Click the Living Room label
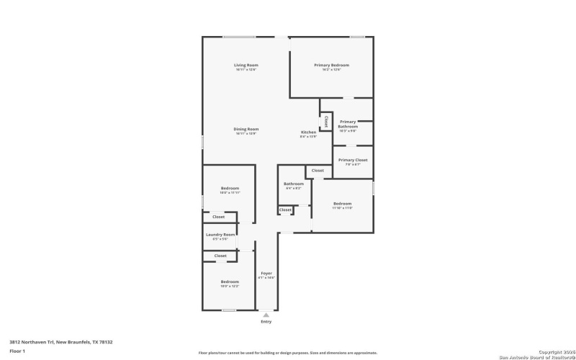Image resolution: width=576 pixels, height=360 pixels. point(246,66)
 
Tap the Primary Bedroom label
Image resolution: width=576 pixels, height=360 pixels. point(331,66)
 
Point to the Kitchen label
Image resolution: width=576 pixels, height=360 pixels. point(308,132)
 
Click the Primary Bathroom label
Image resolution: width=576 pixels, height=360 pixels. point(348,124)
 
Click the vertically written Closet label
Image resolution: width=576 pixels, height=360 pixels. point(326,120)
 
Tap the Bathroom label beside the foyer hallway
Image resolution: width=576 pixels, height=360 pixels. point(293,184)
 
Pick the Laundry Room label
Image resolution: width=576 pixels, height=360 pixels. point(220,235)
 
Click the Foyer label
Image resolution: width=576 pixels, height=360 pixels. point(266,274)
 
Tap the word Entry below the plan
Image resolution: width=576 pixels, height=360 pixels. point(266,322)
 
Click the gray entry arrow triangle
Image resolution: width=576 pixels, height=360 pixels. point(266,315)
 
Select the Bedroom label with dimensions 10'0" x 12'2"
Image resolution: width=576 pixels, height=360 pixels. point(230,282)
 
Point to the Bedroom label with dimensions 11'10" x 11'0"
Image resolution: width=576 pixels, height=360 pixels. point(342,204)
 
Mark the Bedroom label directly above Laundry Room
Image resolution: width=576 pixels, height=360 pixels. point(230,189)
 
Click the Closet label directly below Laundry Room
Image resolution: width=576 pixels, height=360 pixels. point(220,256)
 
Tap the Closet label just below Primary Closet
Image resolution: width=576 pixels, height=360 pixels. point(318,171)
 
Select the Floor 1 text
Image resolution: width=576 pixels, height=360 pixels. point(17,351)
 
